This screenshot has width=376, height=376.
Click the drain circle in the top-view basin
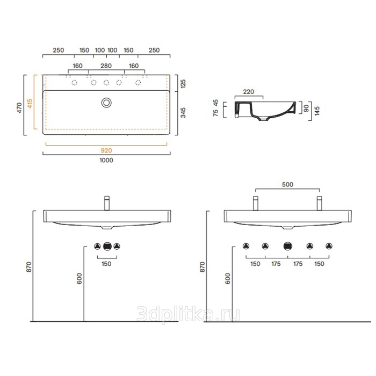[106, 103]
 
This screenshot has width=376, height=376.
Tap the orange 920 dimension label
[106, 150]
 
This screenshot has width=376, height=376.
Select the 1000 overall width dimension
[106, 160]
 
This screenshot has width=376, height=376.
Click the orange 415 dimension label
[30, 103]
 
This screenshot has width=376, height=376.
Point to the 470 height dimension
[19, 107]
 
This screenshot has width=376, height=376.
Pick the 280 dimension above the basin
[106, 66]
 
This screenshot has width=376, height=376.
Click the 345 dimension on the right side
[183, 113]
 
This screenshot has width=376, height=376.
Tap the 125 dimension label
[183, 84]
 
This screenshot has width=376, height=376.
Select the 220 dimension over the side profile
[248, 92]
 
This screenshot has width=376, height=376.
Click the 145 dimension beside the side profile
[317, 111]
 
